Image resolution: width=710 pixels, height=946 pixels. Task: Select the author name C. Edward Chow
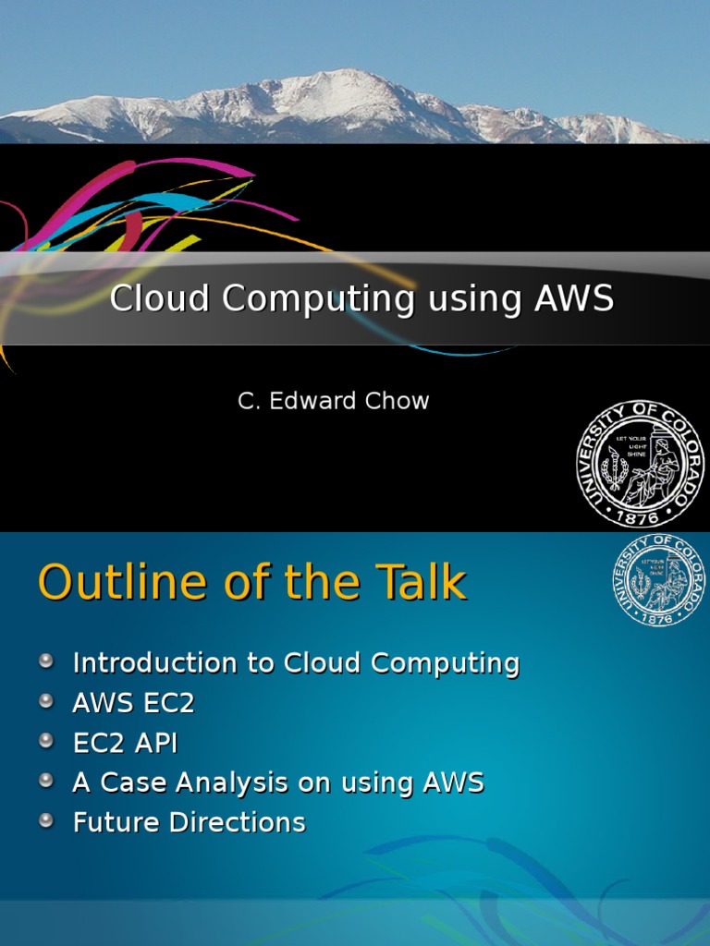(x=334, y=401)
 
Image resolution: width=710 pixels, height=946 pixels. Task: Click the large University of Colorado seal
(x=641, y=465)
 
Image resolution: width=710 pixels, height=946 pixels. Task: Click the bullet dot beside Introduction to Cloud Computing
(x=46, y=661)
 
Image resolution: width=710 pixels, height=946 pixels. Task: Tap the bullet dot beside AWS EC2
(x=46, y=700)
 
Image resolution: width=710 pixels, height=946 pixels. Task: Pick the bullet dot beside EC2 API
(x=46, y=740)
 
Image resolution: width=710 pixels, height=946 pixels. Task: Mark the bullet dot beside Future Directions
(x=46, y=820)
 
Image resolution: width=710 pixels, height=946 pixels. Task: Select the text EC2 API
(x=125, y=743)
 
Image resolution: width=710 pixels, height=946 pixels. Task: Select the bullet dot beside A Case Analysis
(x=46, y=781)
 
